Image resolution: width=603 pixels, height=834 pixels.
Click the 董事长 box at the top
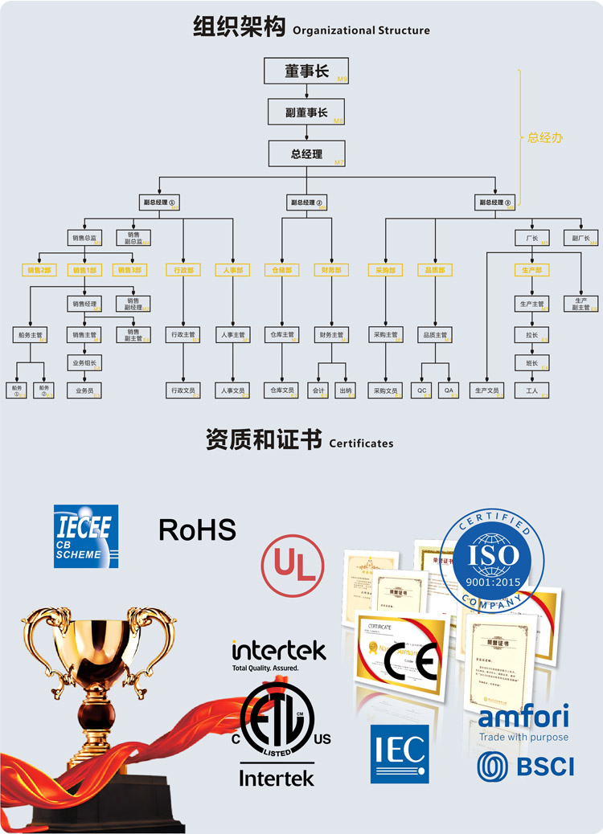(306, 72)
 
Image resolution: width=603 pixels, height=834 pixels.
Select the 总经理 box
(306, 153)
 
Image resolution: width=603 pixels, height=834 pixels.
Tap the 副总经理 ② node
(306, 202)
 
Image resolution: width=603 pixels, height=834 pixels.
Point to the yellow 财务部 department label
(331, 270)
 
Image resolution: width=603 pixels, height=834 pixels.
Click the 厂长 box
(532, 238)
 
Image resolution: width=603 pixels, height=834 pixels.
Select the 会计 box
(319, 390)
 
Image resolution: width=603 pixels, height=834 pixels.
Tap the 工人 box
(532, 390)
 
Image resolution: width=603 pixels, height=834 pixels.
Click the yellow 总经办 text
(545, 138)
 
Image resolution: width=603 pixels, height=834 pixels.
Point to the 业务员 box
(84, 390)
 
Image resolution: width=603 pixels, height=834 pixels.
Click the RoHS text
(197, 529)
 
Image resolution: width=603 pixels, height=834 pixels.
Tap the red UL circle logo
(294, 566)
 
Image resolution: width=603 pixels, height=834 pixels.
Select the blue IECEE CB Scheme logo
(86, 536)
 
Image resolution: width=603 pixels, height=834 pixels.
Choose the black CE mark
(411, 663)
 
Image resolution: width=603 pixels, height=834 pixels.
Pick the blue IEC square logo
(400, 754)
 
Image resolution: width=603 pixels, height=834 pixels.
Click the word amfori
(523, 716)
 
